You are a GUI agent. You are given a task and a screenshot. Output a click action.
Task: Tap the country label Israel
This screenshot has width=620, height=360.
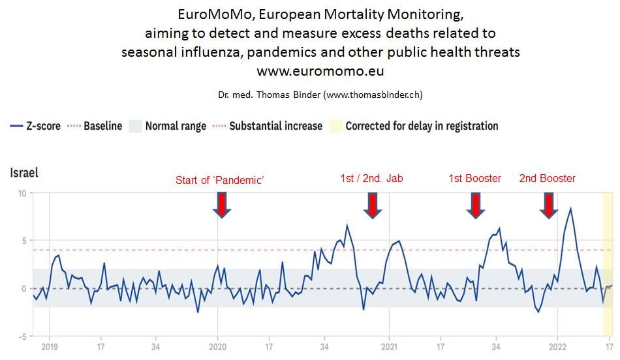pyautogui.click(x=24, y=173)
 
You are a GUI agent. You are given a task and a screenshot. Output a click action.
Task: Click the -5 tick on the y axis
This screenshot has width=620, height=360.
pyautogui.click(x=21, y=337)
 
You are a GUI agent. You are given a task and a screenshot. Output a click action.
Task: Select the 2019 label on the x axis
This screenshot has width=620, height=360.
pyautogui.click(x=50, y=347)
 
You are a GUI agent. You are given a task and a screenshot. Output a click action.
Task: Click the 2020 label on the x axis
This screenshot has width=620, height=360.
pyautogui.click(x=217, y=347)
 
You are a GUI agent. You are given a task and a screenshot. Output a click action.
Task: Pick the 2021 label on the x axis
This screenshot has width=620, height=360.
pyautogui.click(x=389, y=347)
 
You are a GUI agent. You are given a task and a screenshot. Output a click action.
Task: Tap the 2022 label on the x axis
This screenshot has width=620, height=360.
pyautogui.click(x=557, y=347)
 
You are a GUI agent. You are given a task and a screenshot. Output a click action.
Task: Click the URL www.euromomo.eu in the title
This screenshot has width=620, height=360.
pyautogui.click(x=320, y=71)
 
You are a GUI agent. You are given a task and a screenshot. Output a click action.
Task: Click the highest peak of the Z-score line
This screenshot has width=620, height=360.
pyautogui.click(x=571, y=209)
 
